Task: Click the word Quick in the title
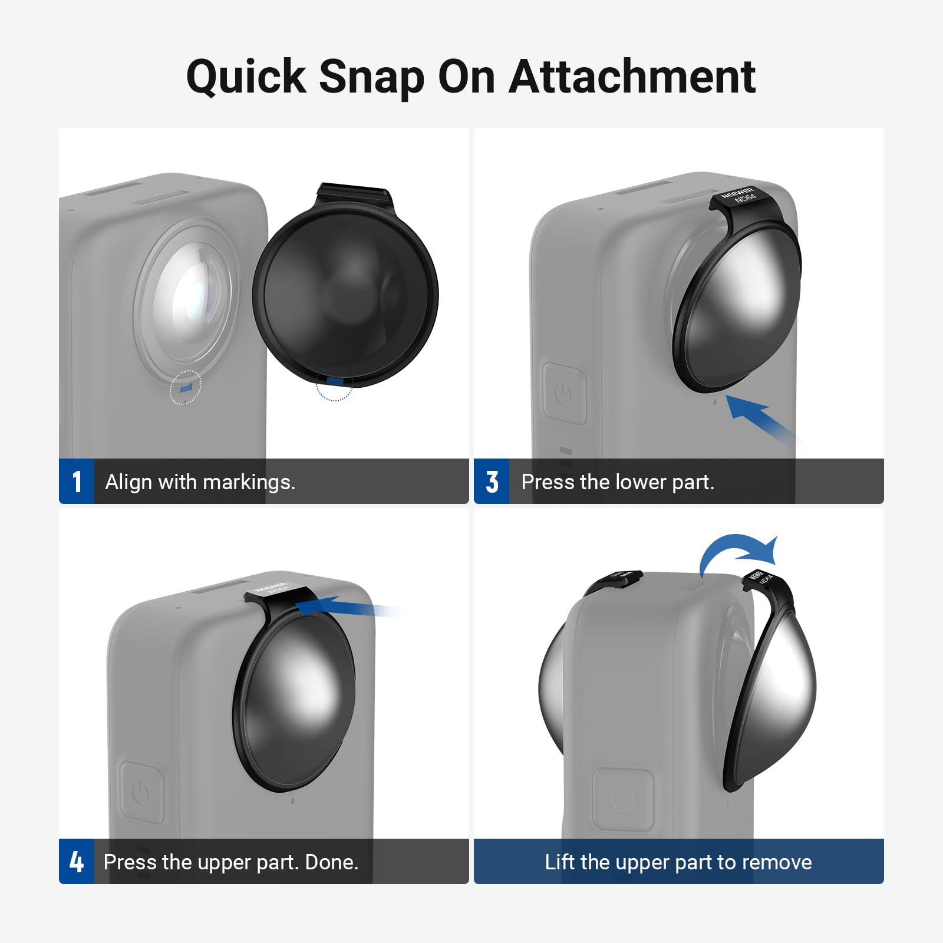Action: point(246,77)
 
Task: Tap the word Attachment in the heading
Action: point(632,77)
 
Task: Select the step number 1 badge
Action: point(77,482)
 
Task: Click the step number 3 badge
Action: point(492,482)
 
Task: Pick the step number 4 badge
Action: point(77,862)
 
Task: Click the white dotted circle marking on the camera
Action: point(186,387)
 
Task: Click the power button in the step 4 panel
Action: point(141,792)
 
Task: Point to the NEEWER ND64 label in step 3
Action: point(739,196)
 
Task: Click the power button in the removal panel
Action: point(623,799)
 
